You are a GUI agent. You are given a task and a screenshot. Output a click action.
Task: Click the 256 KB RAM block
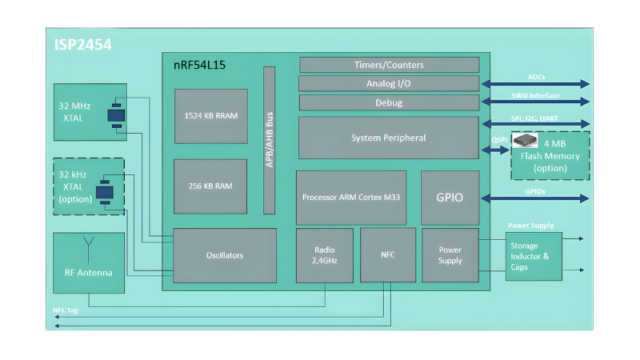(x=210, y=185)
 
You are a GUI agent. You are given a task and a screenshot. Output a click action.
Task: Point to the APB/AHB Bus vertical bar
(x=269, y=140)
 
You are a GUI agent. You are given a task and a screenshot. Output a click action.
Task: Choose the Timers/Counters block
(x=388, y=64)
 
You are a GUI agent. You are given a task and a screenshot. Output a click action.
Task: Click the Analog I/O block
(x=388, y=84)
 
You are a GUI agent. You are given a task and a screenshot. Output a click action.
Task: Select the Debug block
(x=388, y=103)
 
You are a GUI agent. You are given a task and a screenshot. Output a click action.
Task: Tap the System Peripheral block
(x=388, y=137)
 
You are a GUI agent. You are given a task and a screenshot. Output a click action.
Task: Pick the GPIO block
(x=449, y=197)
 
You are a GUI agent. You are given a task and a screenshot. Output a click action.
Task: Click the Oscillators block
(x=225, y=255)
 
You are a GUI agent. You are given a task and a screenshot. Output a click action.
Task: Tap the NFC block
(x=386, y=255)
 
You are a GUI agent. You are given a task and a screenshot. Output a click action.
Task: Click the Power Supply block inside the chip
(x=450, y=255)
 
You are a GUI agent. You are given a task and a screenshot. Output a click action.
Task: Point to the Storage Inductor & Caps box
(x=533, y=256)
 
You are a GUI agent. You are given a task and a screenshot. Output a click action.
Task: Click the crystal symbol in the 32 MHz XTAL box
(x=115, y=114)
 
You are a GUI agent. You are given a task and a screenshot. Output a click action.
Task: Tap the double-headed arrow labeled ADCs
(x=535, y=85)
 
